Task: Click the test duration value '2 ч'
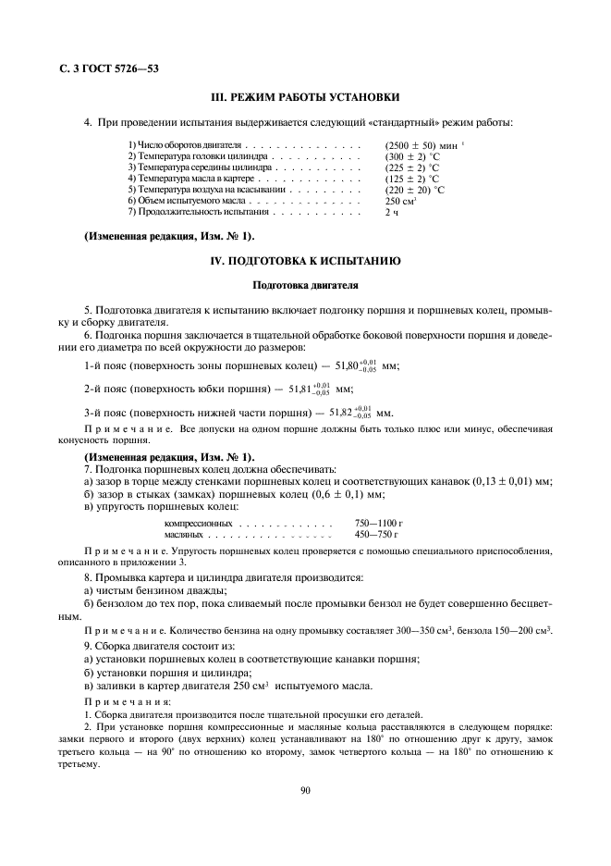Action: (392, 212)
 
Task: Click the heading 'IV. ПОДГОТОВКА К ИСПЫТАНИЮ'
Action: (305, 260)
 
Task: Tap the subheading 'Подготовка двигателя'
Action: (305, 286)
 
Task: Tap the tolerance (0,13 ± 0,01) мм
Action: (511, 482)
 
